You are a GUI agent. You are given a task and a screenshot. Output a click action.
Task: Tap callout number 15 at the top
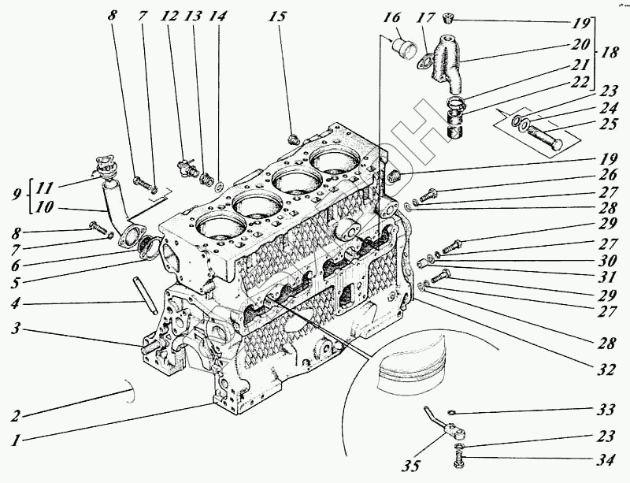click(x=278, y=15)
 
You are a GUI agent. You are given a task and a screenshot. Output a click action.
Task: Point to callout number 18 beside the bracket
click(x=608, y=53)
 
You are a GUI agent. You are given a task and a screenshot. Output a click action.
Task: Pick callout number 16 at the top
click(x=391, y=17)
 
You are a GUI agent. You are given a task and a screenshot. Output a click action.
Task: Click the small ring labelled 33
click(x=450, y=412)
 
